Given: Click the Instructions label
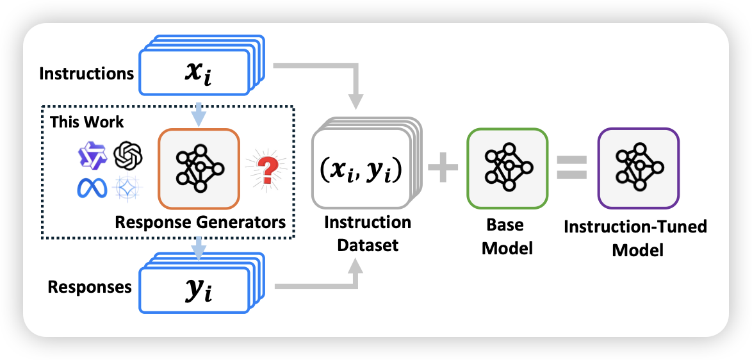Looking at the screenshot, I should [86, 73].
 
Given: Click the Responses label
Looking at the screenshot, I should [90, 286].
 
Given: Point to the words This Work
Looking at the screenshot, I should [87, 122].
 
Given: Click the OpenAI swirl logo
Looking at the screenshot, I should [127, 154].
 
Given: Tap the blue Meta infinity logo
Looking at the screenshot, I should [92, 188].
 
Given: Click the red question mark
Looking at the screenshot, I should [265, 170].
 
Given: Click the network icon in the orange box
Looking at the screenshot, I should [199, 169].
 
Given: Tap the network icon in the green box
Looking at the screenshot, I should [507, 168].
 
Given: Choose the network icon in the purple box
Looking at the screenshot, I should [638, 168].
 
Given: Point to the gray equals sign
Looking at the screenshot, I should [571, 168].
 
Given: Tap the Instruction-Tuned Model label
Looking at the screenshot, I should [635, 238].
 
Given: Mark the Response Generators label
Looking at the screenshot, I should [200, 222].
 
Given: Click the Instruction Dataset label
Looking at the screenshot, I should [367, 233].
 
